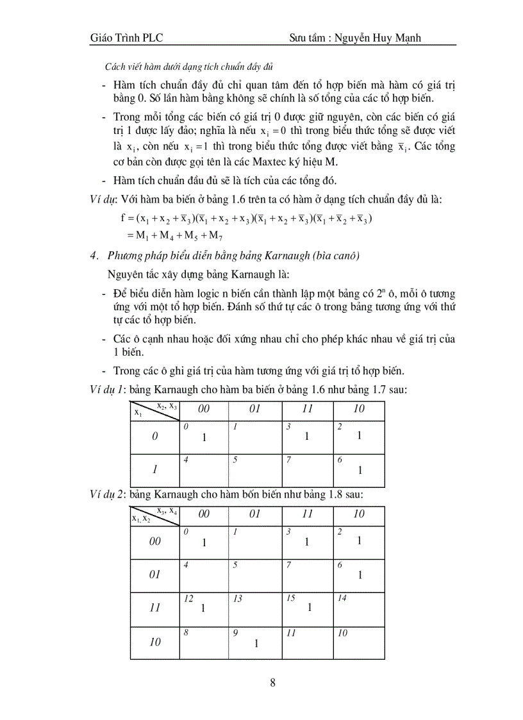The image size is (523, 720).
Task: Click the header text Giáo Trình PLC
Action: click(x=127, y=38)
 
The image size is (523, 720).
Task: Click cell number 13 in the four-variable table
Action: click(x=238, y=598)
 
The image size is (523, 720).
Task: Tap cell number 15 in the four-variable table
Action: click(x=290, y=598)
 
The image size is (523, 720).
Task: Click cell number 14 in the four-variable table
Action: click(x=342, y=598)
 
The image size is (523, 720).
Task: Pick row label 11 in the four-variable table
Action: click(x=154, y=608)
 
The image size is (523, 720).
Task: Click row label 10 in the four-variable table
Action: click(x=154, y=642)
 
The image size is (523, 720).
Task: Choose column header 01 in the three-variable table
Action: click(x=255, y=409)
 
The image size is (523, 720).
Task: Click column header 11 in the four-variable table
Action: click(x=307, y=514)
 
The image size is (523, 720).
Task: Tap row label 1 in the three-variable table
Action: click(x=154, y=469)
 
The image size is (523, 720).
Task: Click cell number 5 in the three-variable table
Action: click(x=236, y=460)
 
